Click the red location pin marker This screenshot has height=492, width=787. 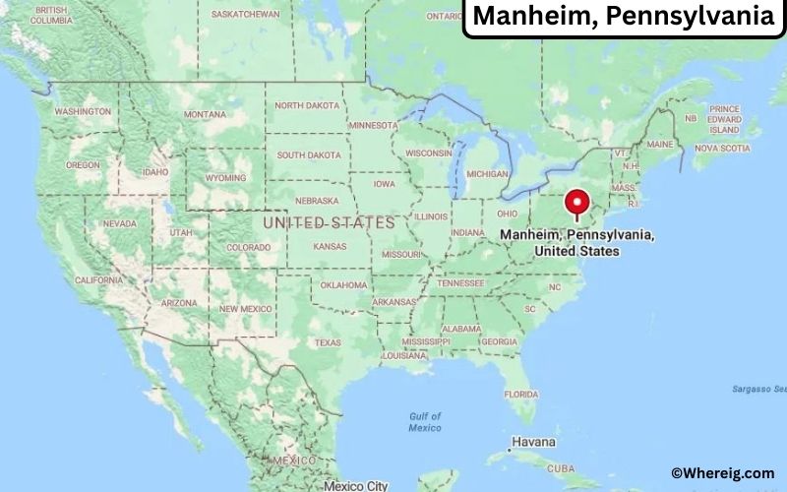pyautogui.click(x=575, y=205)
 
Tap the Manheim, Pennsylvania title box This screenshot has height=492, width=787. pyautogui.click(x=624, y=17)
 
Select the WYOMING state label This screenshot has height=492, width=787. pyautogui.click(x=224, y=178)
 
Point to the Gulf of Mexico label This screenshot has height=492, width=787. pyautogui.click(x=425, y=421)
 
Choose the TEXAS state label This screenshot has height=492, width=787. pyautogui.click(x=328, y=342)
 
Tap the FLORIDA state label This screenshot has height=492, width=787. pyautogui.click(x=521, y=394)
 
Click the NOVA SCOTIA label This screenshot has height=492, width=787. pyautogui.click(x=722, y=148)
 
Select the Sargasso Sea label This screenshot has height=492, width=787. pyautogui.click(x=757, y=389)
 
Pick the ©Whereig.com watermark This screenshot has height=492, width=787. pyautogui.click(x=723, y=473)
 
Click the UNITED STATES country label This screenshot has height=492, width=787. pyautogui.click(x=329, y=223)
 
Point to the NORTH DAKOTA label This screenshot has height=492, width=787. pyautogui.click(x=306, y=105)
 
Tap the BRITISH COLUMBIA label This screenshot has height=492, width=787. pyautogui.click(x=51, y=15)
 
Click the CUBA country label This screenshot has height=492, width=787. pyautogui.click(x=561, y=468)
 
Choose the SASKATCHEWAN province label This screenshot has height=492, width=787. pyautogui.click(x=245, y=15)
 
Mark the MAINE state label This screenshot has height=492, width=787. pyautogui.click(x=660, y=144)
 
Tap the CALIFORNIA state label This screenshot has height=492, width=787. pyautogui.click(x=98, y=280)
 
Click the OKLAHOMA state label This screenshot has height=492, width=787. pyautogui.click(x=342, y=285)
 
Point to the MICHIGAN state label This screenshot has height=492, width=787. pyautogui.click(x=487, y=173)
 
